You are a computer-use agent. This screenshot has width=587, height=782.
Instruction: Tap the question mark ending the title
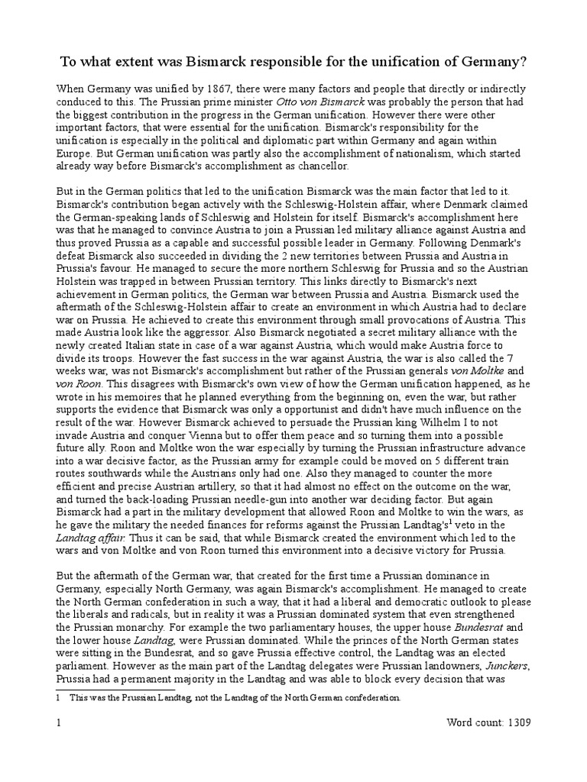pos(527,62)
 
